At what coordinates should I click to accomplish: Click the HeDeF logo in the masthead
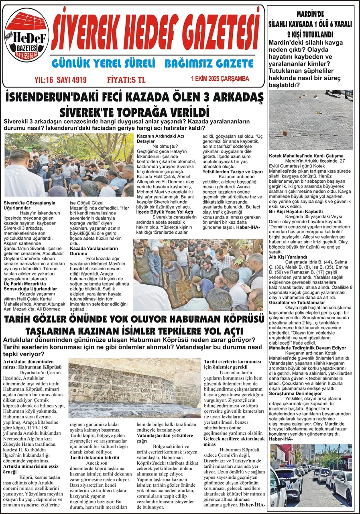[x=27, y=38]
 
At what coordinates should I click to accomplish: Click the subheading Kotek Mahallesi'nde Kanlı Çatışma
[x=306, y=155]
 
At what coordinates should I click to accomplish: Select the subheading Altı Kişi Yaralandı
[x=288, y=257]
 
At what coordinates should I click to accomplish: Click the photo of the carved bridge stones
[x=134, y=388]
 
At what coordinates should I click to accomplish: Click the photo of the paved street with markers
[x=311, y=120]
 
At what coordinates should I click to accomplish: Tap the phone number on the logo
[x=26, y=53]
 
